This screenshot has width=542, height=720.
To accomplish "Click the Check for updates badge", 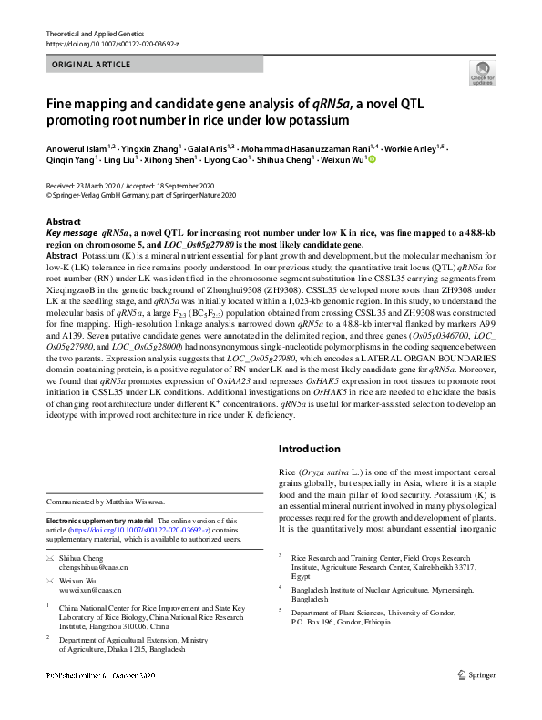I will (x=482, y=74).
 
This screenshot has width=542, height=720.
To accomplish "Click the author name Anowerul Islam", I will (x=77, y=146).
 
